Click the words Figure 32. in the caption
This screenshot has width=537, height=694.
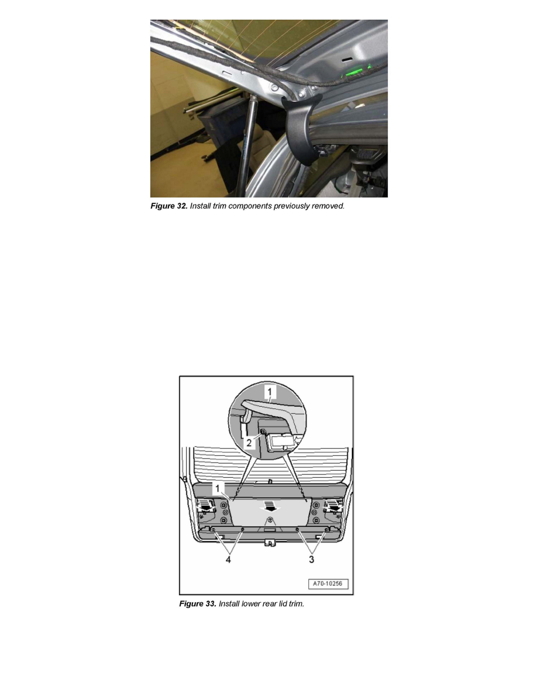tap(169, 206)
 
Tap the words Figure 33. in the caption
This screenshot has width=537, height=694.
tap(198, 603)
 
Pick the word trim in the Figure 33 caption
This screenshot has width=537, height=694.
tap(296, 603)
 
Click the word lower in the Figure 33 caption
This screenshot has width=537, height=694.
tap(251, 603)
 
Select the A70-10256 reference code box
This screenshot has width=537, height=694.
tap(328, 584)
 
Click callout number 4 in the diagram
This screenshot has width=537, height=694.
tap(228, 560)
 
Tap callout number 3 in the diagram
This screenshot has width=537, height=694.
tap(311, 560)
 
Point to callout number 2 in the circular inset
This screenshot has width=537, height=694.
tap(249, 443)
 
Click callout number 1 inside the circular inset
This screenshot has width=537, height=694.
tap(270, 392)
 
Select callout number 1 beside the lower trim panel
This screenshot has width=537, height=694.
tap(218, 488)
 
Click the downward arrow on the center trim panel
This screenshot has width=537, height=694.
tap(267, 506)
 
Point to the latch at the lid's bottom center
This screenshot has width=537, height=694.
tap(268, 542)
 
